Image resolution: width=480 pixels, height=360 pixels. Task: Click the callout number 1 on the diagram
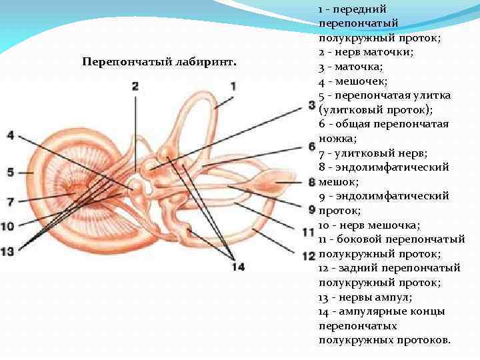[234, 86]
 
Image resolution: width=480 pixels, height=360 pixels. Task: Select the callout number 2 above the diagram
[135, 86]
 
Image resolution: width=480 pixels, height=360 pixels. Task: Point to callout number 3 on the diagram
[311, 105]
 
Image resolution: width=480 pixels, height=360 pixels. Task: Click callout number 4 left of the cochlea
[10, 135]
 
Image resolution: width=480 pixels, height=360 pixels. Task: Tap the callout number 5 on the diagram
[10, 172]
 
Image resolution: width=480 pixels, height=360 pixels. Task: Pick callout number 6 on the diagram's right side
[311, 145]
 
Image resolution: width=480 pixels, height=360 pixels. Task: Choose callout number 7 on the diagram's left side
[10, 201]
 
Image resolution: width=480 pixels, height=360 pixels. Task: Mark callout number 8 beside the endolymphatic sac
[311, 181]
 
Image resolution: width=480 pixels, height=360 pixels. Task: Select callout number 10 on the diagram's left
[7, 226]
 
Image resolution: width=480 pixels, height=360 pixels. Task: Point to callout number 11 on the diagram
[308, 233]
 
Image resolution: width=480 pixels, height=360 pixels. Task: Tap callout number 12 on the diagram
[308, 255]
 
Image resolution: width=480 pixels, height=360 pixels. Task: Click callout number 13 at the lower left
[7, 251]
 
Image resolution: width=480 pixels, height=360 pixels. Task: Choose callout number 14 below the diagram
[238, 267]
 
